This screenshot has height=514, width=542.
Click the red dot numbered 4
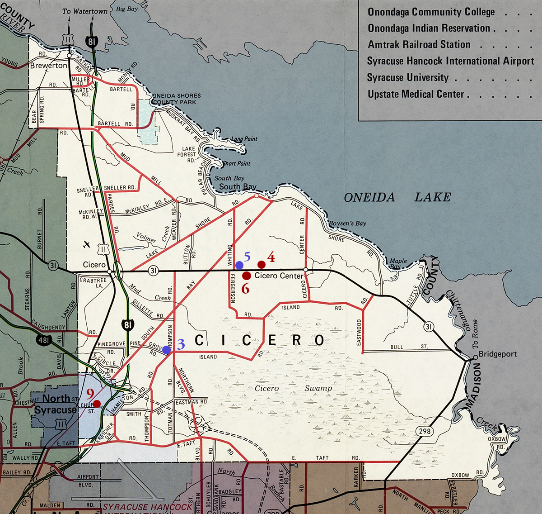click(261, 264)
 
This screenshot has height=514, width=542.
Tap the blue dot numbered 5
click(239, 265)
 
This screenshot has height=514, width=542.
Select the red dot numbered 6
click(247, 276)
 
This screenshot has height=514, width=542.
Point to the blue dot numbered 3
click(167, 350)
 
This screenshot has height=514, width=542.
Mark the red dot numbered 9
click(97, 403)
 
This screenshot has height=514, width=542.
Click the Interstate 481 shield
click(44, 340)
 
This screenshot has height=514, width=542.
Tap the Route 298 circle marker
click(425, 431)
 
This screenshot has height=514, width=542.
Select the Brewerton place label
click(48, 66)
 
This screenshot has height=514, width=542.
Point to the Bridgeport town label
click(497, 354)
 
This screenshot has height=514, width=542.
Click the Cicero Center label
click(279, 276)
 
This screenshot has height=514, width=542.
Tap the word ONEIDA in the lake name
click(369, 197)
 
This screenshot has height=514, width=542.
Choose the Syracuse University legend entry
click(408, 78)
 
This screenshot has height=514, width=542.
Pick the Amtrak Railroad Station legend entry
click(419, 45)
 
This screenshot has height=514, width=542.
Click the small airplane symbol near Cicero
click(87, 245)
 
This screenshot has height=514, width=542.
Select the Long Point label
click(244, 139)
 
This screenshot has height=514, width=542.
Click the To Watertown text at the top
click(85, 11)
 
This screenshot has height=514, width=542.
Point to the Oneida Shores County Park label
click(174, 99)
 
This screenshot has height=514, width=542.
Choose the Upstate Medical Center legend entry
click(416, 94)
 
